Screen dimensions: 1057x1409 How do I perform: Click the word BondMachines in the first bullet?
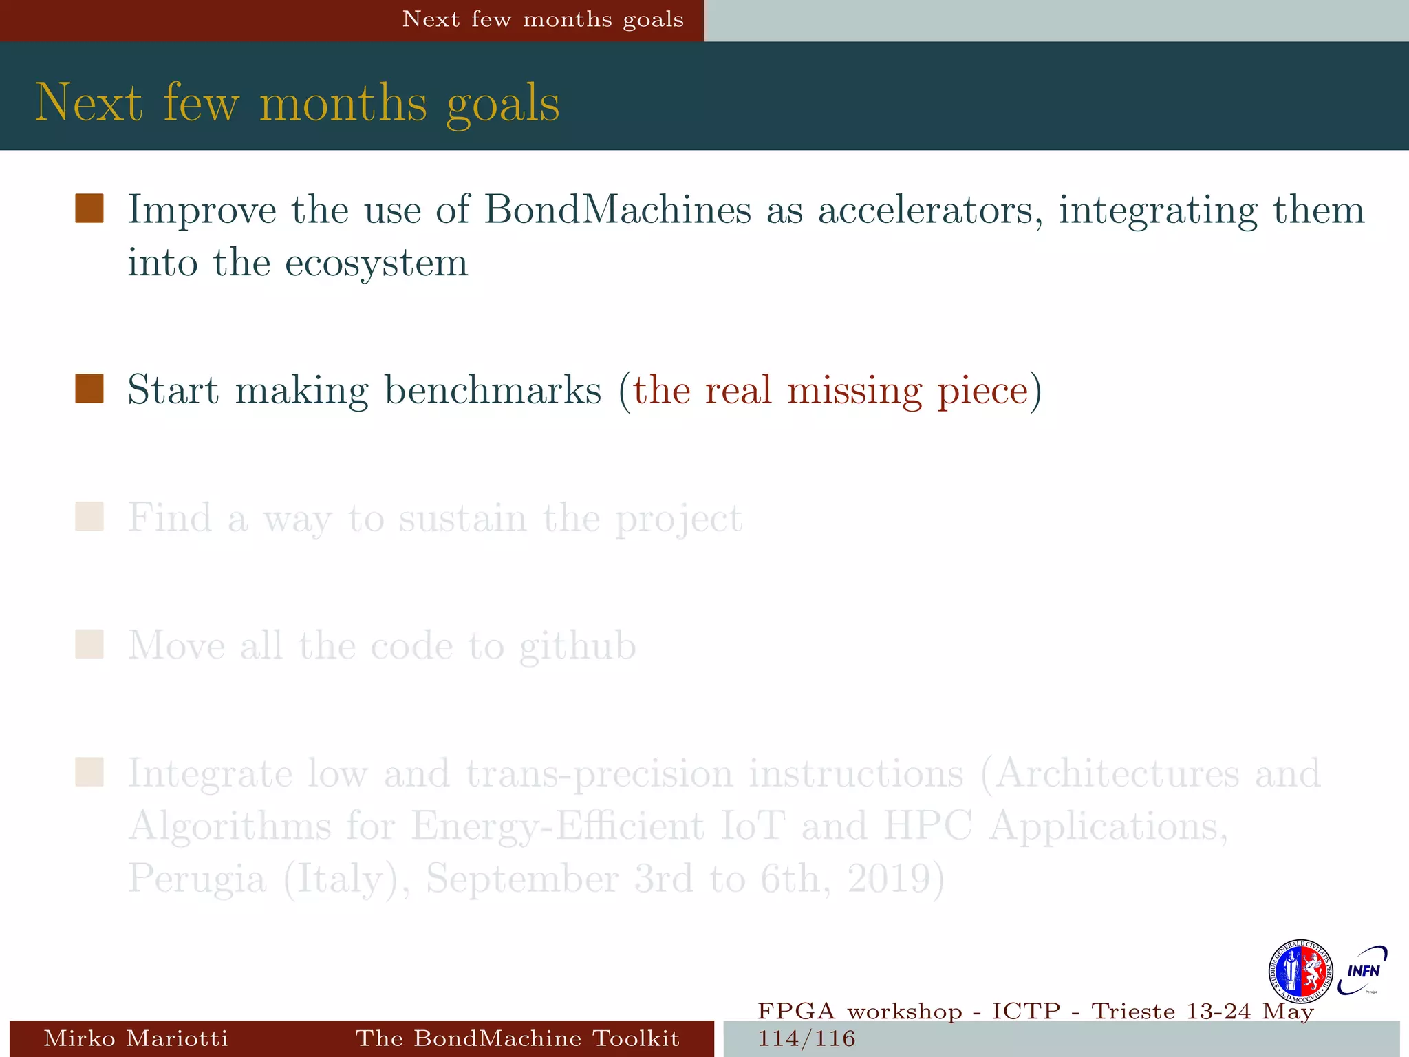tap(617, 209)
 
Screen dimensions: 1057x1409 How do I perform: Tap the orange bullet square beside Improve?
tap(89, 209)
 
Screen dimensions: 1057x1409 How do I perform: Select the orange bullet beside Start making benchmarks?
tap(89, 389)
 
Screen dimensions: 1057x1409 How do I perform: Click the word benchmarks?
tap(493, 390)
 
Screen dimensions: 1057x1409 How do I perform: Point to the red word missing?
tap(854, 390)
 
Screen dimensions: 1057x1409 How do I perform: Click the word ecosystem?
tap(376, 263)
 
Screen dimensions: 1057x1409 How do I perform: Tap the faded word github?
tap(577, 646)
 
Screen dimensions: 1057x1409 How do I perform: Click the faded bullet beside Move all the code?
tap(89, 645)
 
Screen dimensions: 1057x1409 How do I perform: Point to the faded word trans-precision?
tap(599, 773)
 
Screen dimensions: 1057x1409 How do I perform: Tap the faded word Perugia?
tap(197, 879)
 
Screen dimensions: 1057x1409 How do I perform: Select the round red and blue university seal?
tap(1300, 971)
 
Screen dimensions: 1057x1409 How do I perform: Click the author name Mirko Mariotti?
tap(136, 1038)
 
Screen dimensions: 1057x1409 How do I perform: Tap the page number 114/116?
tap(806, 1038)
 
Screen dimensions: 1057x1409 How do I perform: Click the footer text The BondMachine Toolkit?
tap(517, 1038)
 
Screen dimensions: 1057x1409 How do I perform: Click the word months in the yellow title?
tap(343, 103)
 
